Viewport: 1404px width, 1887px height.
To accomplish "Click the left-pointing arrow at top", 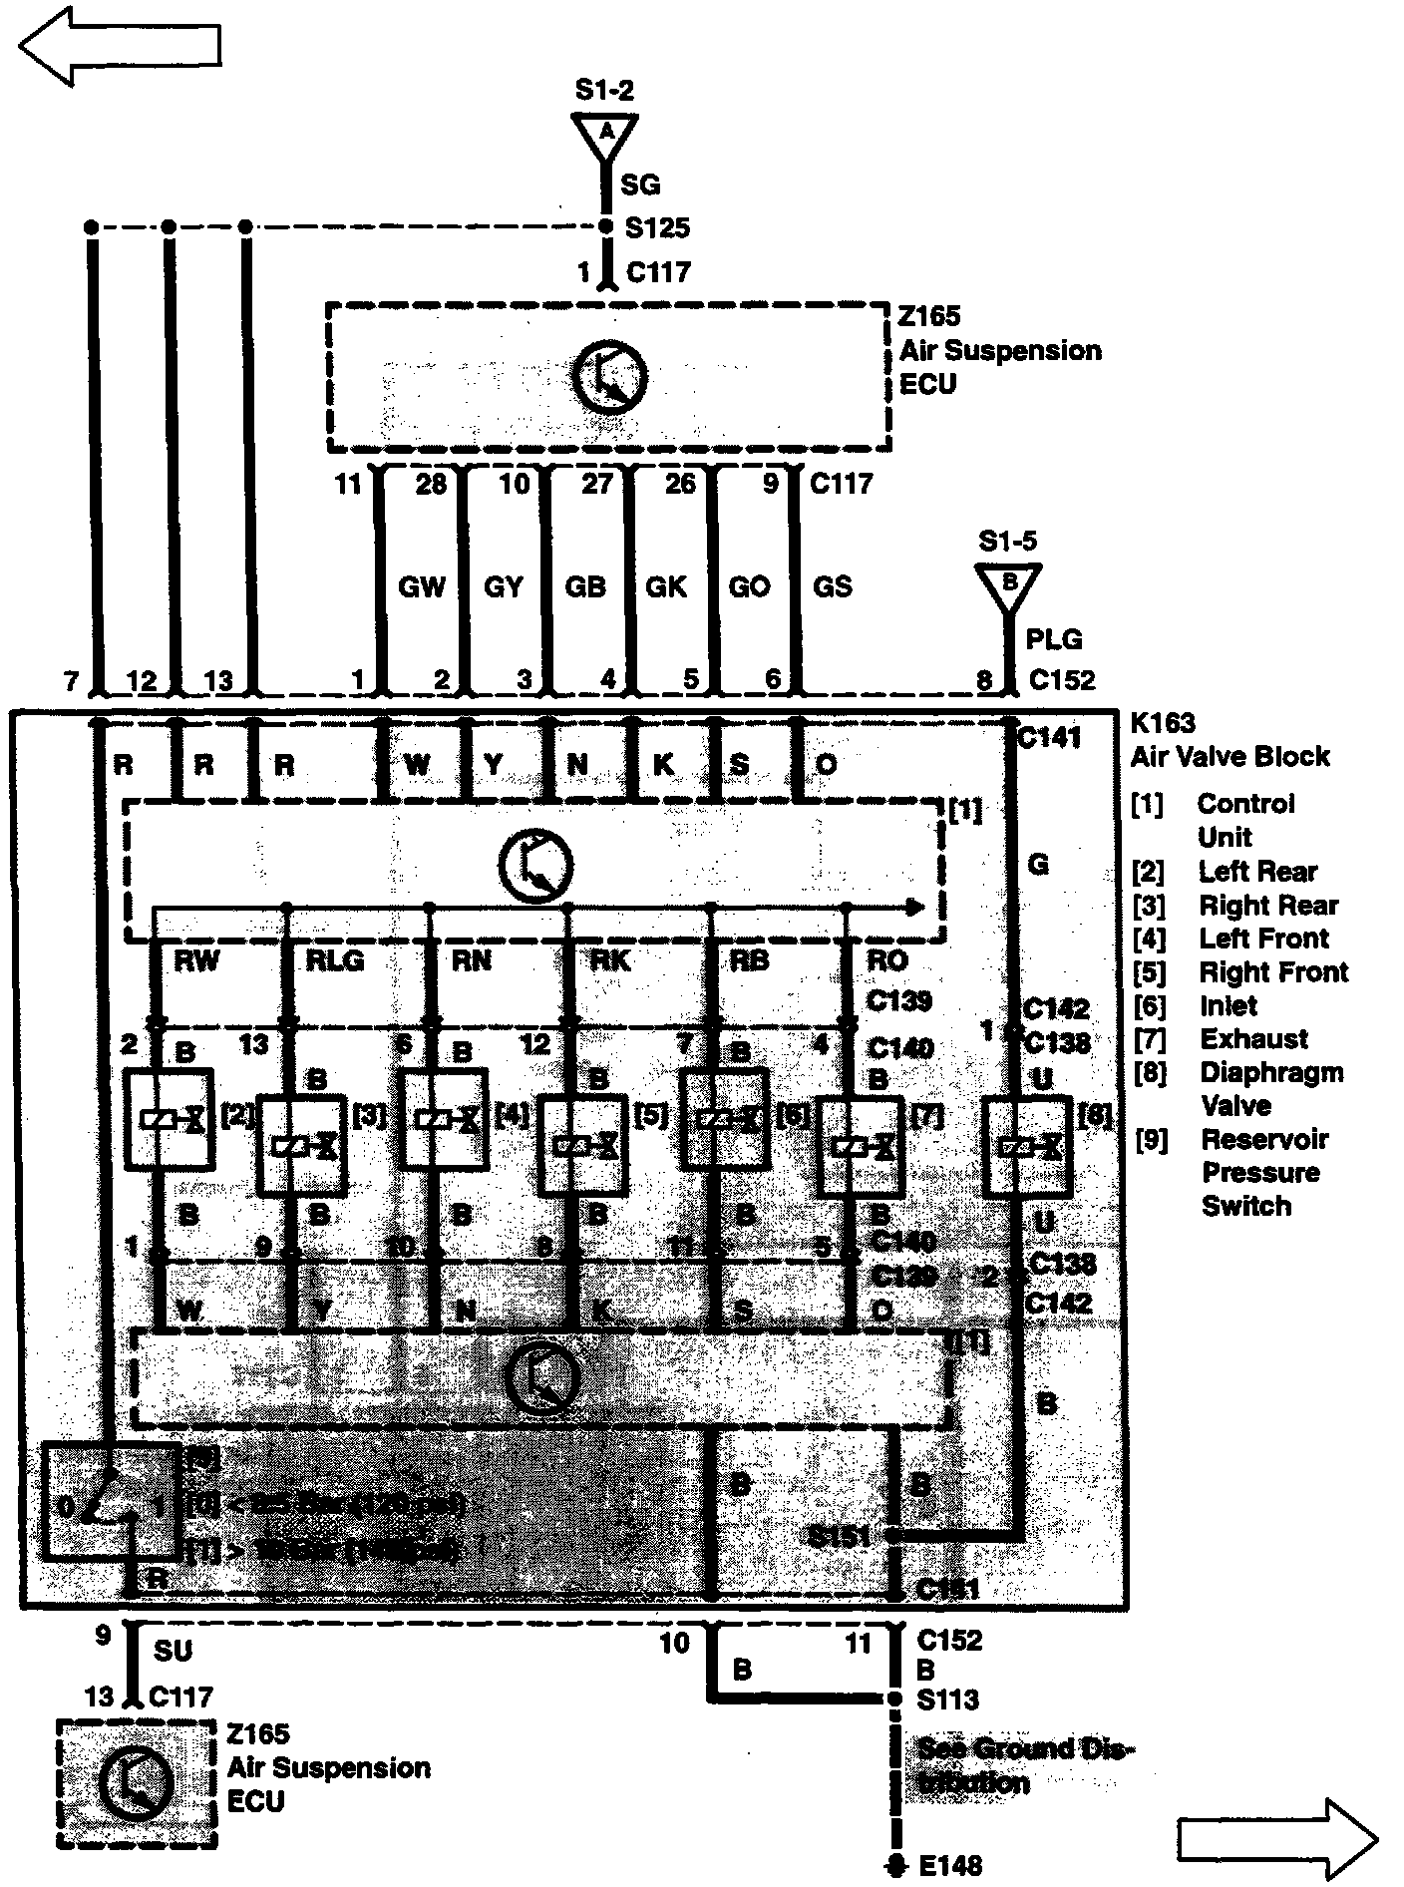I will click(x=120, y=46).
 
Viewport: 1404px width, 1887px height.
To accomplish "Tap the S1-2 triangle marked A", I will click(x=604, y=134).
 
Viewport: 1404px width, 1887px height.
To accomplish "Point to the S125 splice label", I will click(x=657, y=228).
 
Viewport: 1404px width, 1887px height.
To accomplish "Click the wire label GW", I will click(x=421, y=586).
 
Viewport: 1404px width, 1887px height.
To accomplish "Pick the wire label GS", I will click(x=832, y=586).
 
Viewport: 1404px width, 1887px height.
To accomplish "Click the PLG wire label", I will click(x=1053, y=639).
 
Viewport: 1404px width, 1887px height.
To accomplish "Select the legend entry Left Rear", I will click(x=1257, y=872).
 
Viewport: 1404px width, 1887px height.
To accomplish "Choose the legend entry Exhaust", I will click(x=1253, y=1039).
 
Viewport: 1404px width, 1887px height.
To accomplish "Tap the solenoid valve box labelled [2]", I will click(x=169, y=1119).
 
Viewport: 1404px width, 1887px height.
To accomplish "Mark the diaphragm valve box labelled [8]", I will click(x=1027, y=1147).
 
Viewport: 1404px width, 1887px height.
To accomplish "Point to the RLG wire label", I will click(x=334, y=960).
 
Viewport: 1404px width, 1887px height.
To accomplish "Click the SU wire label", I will click(x=173, y=1651).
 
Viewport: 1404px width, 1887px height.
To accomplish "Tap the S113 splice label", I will click(x=947, y=1698).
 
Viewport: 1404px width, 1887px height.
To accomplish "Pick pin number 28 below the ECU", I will click(x=431, y=485).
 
